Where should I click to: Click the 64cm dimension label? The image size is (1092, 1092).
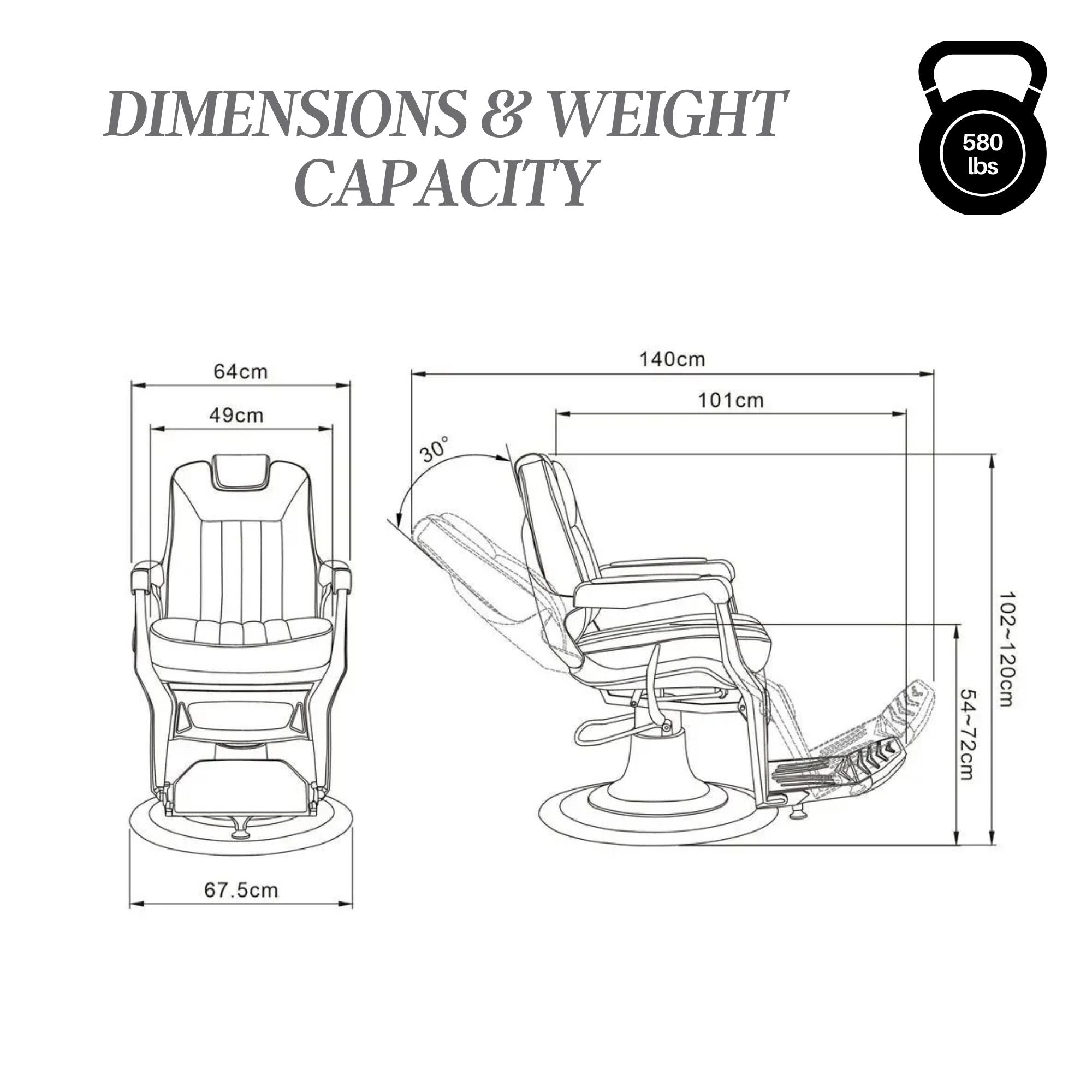pos(240,372)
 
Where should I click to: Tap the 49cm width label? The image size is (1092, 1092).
pos(236,416)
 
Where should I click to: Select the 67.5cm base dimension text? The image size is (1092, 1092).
pos(241,890)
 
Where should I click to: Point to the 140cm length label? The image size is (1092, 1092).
pos(672,359)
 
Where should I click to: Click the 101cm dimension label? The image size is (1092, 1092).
pos(730,401)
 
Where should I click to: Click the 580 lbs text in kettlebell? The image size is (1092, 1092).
pos(982,154)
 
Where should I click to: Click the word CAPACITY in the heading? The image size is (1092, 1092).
pos(446,182)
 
